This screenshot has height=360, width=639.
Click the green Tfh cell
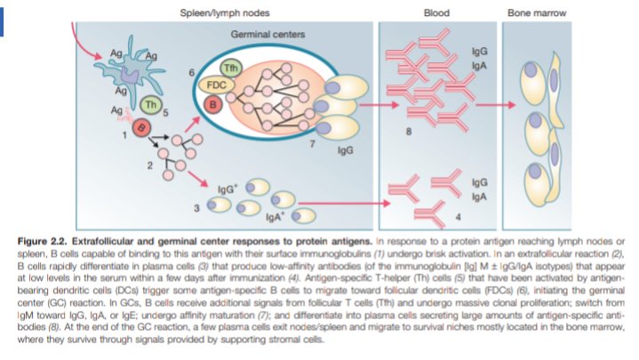[x=230, y=68]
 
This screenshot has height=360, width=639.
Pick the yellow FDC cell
[x=216, y=85]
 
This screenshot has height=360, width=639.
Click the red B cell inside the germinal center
[x=213, y=104]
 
